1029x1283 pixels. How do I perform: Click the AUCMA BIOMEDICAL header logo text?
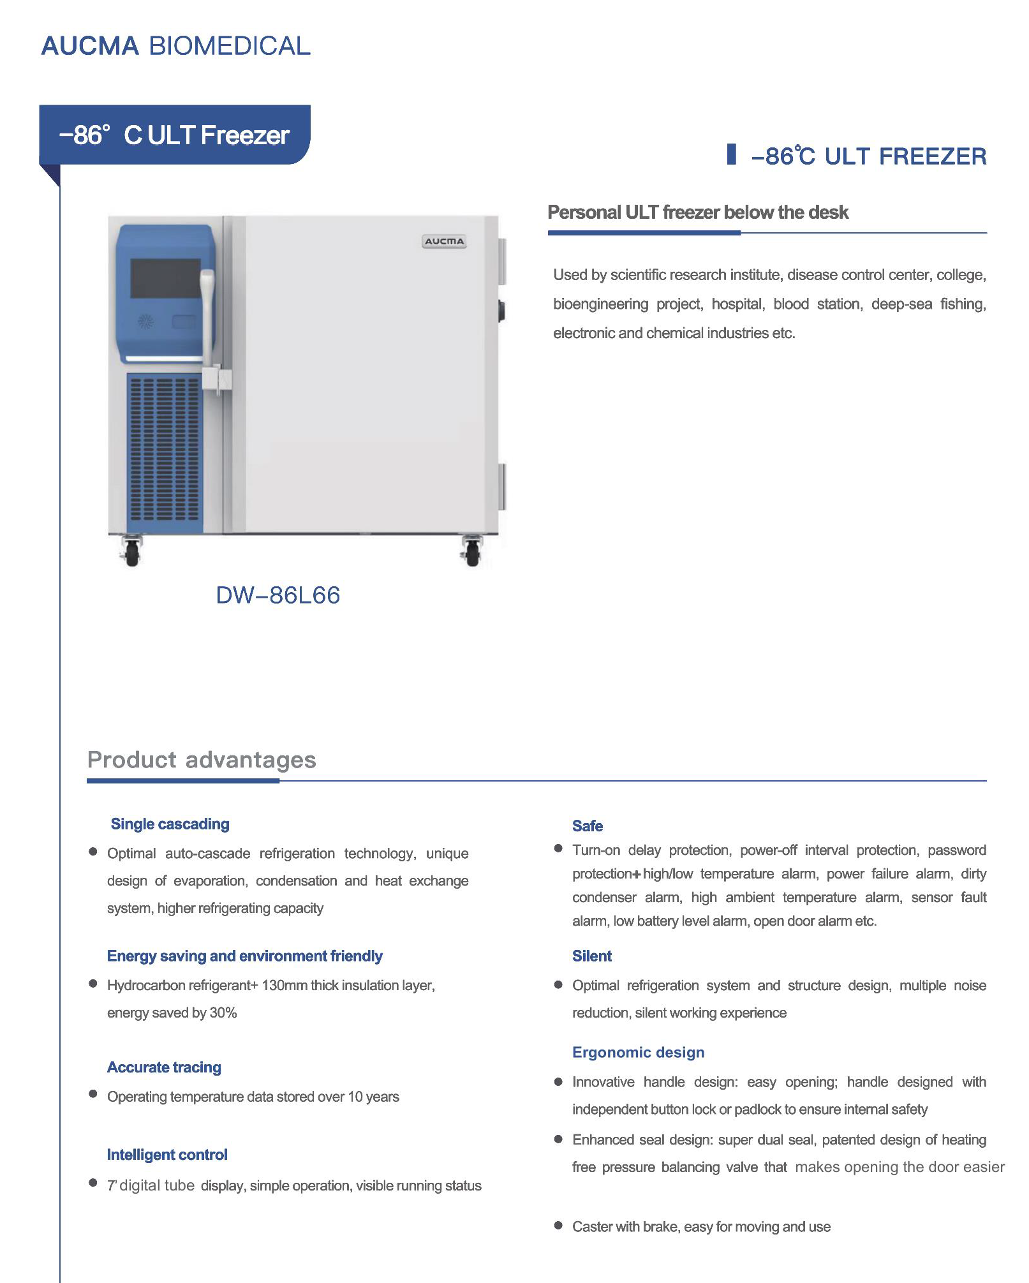point(175,46)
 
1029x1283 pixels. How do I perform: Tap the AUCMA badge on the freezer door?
point(444,241)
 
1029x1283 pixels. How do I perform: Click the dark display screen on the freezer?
point(165,278)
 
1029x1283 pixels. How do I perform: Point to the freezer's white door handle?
point(207,319)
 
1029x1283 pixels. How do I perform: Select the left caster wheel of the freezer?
point(131,553)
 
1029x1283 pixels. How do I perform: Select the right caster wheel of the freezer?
point(472,553)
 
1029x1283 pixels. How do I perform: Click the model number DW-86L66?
point(278,595)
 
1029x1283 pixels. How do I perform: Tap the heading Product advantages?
point(202,760)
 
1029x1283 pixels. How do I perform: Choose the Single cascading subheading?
point(170,824)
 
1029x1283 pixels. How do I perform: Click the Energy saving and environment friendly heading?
point(244,956)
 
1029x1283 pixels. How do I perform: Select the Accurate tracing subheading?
point(164,1067)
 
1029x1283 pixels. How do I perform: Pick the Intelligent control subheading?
point(167,1155)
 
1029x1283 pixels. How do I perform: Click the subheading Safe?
point(587,826)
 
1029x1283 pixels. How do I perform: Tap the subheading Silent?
point(591,956)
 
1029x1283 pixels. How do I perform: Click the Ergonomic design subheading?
point(638,1052)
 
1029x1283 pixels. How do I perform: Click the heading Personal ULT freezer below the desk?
point(698,212)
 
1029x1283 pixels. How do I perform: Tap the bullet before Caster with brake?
point(558,1226)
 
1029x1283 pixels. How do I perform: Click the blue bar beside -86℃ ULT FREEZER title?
point(732,154)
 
